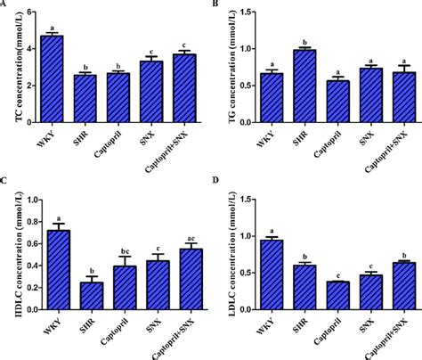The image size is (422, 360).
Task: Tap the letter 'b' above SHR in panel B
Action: (304, 41)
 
